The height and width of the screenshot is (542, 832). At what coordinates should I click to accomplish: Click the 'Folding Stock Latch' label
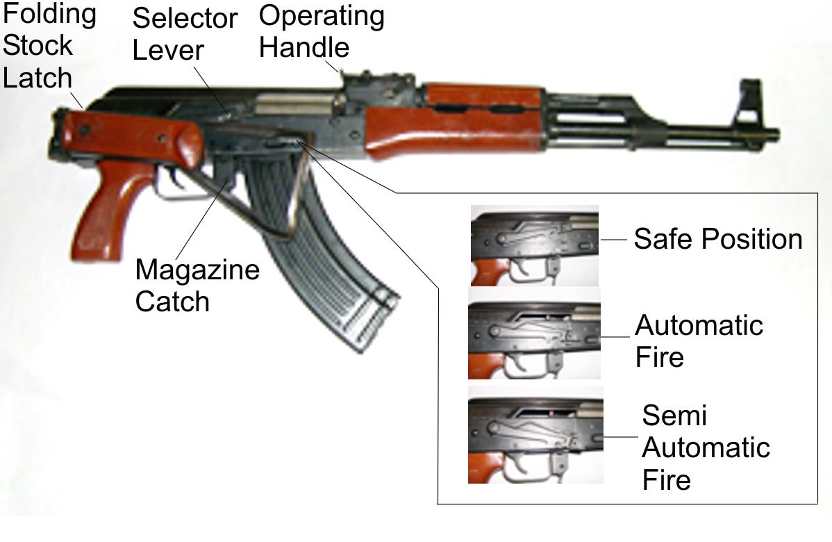47,46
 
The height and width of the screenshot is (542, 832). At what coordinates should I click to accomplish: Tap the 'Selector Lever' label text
184,34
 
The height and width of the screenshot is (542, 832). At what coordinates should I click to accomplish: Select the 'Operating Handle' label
321,31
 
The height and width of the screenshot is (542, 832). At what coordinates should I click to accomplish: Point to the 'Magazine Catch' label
197,285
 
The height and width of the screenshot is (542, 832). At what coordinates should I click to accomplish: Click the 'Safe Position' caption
717,239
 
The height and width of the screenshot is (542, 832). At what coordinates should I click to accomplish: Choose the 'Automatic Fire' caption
699,341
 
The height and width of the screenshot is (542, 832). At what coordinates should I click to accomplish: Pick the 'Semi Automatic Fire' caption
704,447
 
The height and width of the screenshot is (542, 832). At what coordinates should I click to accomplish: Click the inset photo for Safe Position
534,245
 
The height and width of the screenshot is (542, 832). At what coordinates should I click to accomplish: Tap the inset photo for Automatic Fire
534,340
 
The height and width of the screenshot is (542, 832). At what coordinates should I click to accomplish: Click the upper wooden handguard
481,98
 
